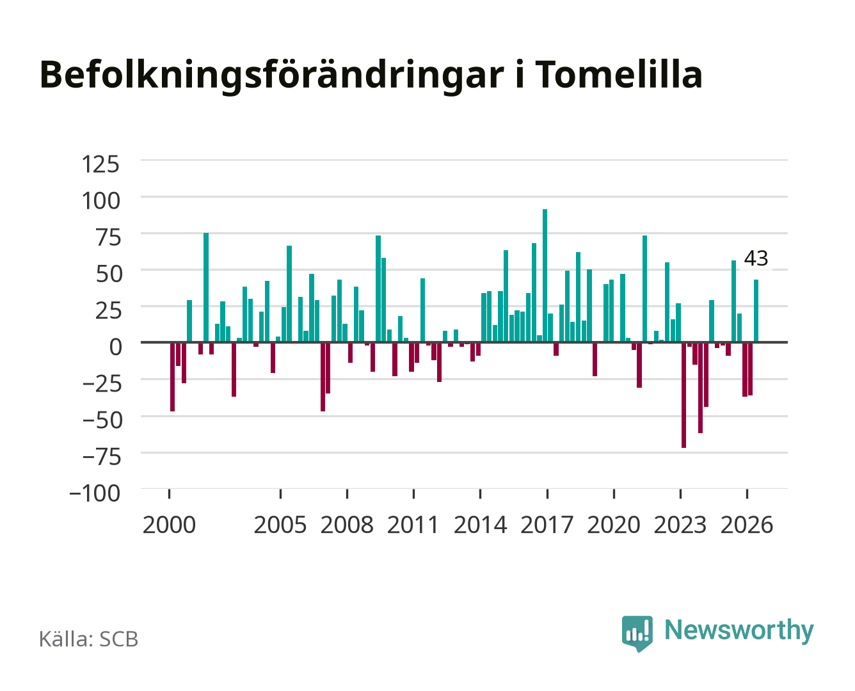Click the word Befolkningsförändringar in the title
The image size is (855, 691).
click(271, 76)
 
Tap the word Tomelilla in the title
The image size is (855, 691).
click(619, 74)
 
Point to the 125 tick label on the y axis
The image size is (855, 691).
click(100, 164)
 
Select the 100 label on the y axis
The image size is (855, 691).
click(100, 201)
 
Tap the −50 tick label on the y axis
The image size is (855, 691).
click(102, 420)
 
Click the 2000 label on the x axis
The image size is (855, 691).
click(169, 525)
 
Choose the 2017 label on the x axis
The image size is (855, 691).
click(547, 525)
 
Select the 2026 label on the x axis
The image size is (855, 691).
click(747, 525)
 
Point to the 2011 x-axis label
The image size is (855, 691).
click(413, 525)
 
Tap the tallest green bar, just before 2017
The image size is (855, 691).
click(545, 276)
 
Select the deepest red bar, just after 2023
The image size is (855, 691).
click(683, 395)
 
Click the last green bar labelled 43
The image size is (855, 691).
click(756, 311)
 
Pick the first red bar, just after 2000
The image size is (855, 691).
click(172, 377)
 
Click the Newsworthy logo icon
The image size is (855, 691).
click(637, 633)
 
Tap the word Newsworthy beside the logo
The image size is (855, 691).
click(739, 631)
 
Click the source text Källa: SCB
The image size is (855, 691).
click(89, 639)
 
